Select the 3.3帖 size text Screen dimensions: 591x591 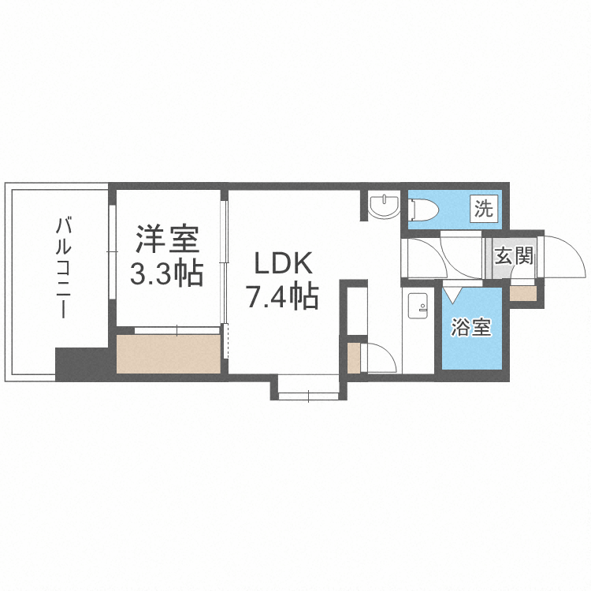pos(166,273)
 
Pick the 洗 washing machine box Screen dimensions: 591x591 pos(484,210)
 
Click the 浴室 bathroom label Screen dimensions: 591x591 pos(471,328)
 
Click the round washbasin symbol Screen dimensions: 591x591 pos(385,206)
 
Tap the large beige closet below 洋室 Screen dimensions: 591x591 pos(169,353)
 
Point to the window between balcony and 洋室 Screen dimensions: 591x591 pos(111,251)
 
